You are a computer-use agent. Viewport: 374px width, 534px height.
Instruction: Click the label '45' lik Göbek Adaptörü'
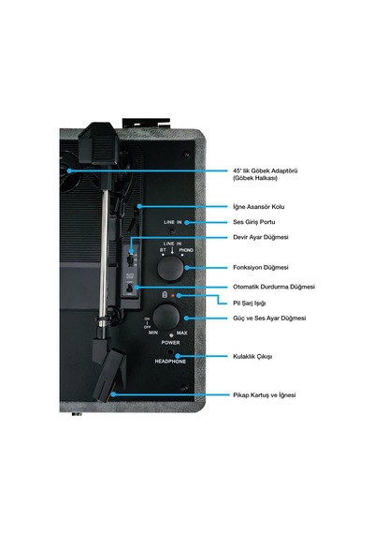point(266,171)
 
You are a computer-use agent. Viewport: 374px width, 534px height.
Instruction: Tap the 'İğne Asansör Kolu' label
point(259,207)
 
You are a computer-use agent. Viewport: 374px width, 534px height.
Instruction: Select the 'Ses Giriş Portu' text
point(254,222)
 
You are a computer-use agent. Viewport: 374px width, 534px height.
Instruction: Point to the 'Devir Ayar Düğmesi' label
point(261,237)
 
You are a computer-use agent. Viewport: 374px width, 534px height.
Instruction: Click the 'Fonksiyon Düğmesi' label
point(261,267)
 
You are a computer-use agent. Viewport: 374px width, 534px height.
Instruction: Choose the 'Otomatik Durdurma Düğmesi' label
point(274,287)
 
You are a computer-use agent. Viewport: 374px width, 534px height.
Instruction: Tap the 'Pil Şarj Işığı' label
point(250,304)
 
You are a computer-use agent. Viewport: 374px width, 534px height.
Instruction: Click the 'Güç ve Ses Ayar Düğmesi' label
point(269,319)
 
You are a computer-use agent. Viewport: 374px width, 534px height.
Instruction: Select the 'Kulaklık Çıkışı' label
point(252,357)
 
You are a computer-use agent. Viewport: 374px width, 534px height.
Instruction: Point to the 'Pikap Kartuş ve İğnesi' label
point(265,395)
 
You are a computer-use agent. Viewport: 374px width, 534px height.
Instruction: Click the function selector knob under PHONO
point(170,268)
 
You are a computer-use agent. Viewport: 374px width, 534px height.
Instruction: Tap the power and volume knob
point(165,317)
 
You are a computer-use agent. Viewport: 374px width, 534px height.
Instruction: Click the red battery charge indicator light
point(173,295)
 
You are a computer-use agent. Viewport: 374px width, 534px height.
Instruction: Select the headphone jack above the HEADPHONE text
point(170,352)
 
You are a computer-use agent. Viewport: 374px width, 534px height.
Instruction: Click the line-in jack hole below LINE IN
point(173,230)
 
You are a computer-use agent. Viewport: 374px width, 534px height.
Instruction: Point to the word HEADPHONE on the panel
point(170,362)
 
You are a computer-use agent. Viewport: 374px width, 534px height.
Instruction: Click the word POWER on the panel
point(171,343)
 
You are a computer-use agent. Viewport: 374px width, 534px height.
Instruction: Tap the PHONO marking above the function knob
point(186,250)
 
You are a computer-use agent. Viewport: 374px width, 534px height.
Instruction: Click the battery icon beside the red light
point(165,294)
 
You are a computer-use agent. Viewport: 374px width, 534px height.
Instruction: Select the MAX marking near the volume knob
point(182,333)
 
